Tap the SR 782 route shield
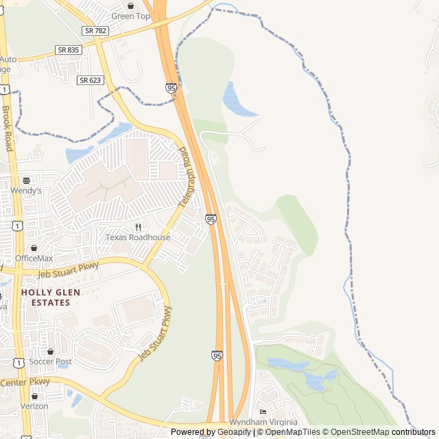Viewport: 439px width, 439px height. click(95, 31)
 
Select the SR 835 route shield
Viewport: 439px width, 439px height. click(69, 50)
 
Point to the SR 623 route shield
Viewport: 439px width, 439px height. click(91, 80)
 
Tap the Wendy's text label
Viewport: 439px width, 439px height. click(26, 191)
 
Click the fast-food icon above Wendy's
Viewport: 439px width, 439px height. click(26, 180)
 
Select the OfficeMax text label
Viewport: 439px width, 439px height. click(34, 258)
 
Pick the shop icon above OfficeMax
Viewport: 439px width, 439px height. click(34, 248)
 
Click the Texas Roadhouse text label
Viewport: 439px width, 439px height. click(137, 237)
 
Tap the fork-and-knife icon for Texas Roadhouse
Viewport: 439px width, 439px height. click(138, 227)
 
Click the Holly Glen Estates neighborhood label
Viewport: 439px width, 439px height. click(50, 297)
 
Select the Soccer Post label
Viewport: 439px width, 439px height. click(54, 361)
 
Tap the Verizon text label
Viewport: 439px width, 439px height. click(34, 406)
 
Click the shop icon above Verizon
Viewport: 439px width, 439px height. click(34, 396)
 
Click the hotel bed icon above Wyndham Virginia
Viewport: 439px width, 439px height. click(263, 412)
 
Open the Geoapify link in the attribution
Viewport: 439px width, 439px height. click(235, 432)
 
